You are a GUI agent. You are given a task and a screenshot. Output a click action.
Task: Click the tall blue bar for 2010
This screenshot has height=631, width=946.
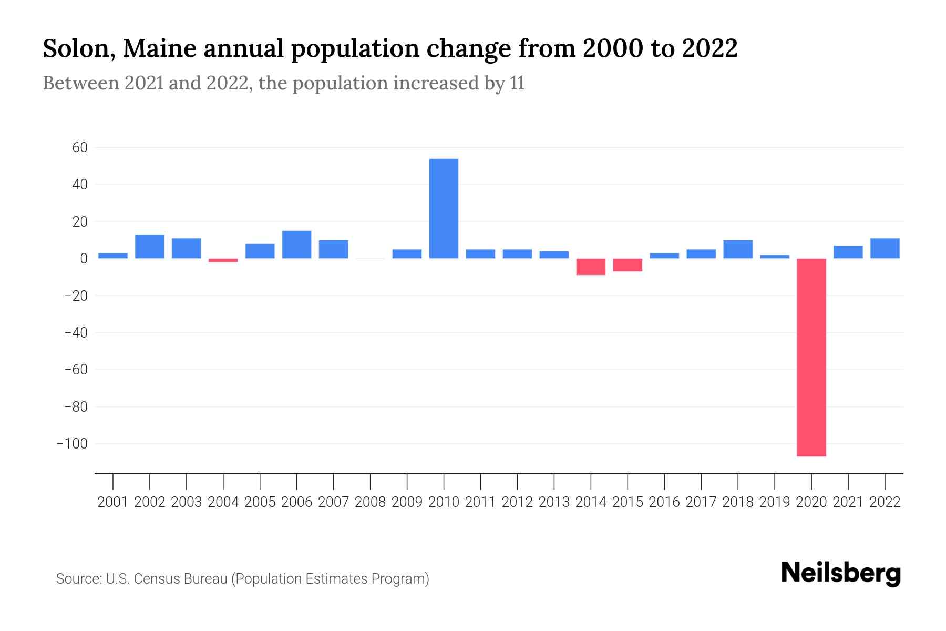point(444,209)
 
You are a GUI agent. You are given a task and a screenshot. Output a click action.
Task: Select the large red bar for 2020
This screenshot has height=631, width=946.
point(811,358)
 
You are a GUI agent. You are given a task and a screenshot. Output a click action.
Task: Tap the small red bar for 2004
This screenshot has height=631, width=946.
point(223,260)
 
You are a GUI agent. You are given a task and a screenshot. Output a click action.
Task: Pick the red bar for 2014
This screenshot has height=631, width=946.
point(591,267)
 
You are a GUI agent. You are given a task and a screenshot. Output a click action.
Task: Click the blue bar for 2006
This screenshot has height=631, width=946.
point(296,245)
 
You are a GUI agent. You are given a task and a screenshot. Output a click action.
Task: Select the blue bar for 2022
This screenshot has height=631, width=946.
point(885,248)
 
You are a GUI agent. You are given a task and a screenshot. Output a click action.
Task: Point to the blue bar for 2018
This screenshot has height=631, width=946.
point(738,249)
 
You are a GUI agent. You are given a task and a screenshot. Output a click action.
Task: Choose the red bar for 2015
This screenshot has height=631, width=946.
point(628,265)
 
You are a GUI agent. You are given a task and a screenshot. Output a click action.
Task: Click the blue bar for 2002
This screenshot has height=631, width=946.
point(150,247)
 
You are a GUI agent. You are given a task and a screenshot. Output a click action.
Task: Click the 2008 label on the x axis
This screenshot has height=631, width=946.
point(370,502)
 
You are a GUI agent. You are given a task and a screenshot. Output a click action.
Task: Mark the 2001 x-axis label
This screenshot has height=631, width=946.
point(113,502)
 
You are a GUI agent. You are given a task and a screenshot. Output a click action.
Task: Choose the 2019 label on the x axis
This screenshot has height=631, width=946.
point(775,502)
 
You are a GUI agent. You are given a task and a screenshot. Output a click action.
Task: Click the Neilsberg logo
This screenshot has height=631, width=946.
point(841,573)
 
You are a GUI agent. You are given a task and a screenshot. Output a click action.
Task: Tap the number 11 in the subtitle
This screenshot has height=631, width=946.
point(517,83)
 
